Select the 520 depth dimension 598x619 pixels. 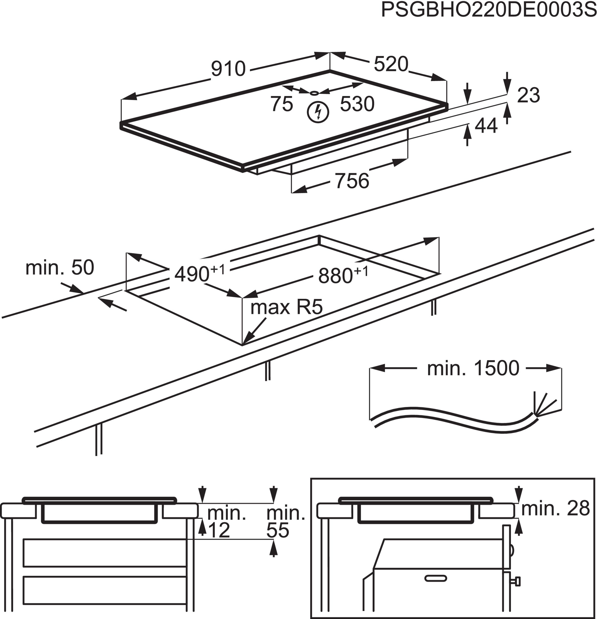pyautogui.click(x=391, y=64)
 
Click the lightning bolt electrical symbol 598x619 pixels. pyautogui.click(x=318, y=112)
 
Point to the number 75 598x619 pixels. pyautogui.click(x=281, y=104)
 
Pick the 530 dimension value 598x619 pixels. pyautogui.click(x=357, y=104)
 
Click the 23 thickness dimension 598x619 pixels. pyautogui.click(x=528, y=95)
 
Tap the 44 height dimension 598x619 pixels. pyautogui.click(x=486, y=125)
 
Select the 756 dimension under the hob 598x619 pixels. pyautogui.click(x=352, y=181)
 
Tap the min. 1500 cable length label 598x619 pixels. pyautogui.click(x=473, y=368)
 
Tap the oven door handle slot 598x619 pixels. pyautogui.click(x=436, y=578)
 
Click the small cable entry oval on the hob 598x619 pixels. pyautogui.click(x=314, y=93)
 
